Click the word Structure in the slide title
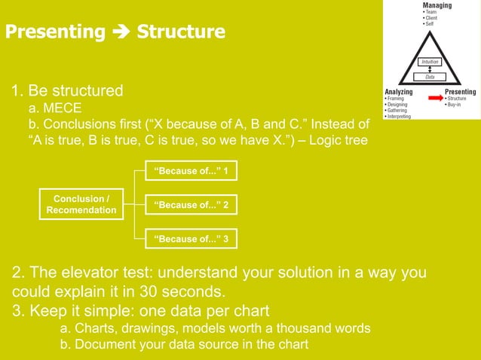tap(181, 32)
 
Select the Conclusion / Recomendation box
tap(81, 204)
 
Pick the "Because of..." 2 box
tap(191, 205)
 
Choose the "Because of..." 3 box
tap(191, 239)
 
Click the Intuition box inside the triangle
tap(430, 62)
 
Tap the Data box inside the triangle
tap(430, 76)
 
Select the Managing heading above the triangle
tap(437, 6)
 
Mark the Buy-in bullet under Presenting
tap(457, 104)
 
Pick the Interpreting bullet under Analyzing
tap(399, 117)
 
